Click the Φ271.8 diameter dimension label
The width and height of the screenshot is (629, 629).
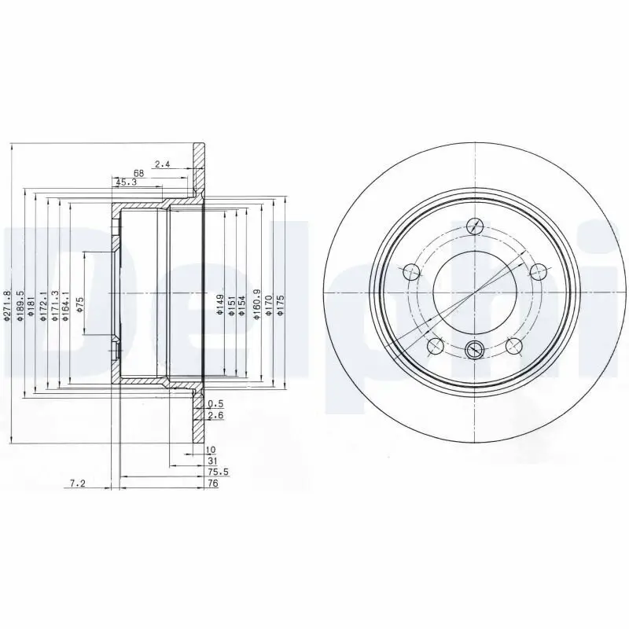(6, 307)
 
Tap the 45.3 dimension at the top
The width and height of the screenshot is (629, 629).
(125, 182)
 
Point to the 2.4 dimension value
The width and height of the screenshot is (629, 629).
(162, 164)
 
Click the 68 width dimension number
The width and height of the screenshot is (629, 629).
(138, 173)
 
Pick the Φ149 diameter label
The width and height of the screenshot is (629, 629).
(219, 304)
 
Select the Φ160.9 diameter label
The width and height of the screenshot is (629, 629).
(256, 304)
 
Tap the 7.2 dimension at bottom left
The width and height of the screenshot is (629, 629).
(77, 484)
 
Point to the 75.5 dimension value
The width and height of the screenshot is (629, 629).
(218, 473)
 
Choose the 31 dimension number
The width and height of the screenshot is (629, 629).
(212, 461)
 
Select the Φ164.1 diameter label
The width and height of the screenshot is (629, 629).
(66, 305)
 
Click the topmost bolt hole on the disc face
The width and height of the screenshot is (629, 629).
(475, 225)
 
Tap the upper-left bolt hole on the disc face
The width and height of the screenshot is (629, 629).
(410, 272)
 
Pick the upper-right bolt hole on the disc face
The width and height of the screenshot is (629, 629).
(539, 272)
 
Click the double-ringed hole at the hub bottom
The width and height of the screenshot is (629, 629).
(475, 351)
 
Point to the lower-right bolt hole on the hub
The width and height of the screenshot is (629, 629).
(514, 347)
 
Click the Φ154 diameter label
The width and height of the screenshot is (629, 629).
(244, 304)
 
